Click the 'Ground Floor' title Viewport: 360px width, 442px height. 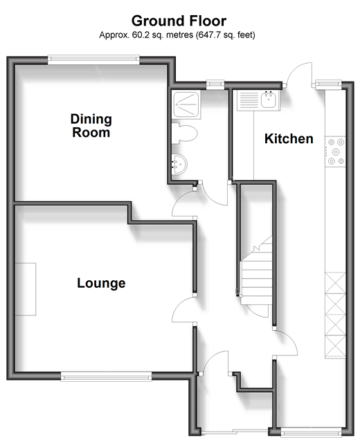179,21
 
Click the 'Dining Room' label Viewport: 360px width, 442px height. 91,126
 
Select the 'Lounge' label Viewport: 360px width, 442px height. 101,283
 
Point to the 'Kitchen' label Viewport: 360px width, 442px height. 289,139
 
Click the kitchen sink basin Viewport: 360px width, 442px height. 269,100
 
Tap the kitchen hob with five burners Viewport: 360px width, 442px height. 336,151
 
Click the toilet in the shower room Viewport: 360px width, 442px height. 184,133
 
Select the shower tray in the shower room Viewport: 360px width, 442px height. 186,104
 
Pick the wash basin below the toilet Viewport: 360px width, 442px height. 179,164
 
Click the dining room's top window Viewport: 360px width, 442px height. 93,59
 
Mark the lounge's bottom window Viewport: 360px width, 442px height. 106,376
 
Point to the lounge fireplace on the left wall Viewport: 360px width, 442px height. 26,289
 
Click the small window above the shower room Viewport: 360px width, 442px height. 215,84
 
